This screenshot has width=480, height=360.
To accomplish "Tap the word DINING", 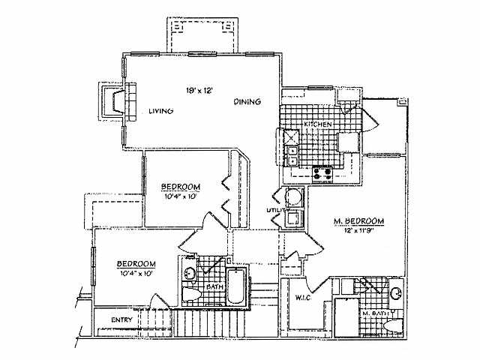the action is tap(247, 101).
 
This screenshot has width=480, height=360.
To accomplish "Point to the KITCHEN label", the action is tap(317, 124).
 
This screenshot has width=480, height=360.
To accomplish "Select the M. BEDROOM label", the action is tap(359, 221).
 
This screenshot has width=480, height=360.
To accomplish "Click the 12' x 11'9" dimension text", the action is tap(359, 232).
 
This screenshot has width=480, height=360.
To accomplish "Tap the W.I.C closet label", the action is tap(304, 298).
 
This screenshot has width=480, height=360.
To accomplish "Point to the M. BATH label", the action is tap(375, 313).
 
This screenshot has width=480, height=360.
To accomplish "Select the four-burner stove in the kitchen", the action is tap(323, 173).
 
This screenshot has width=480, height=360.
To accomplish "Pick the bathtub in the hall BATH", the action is tap(237, 286).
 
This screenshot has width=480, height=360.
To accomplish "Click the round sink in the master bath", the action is tap(395, 292).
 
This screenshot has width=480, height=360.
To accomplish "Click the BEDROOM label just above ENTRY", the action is tap(136, 263).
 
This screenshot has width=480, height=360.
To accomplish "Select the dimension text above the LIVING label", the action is tap(201, 90).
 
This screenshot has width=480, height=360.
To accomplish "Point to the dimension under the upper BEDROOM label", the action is tap(180, 196).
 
